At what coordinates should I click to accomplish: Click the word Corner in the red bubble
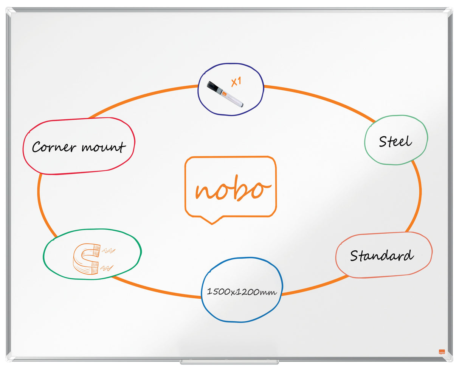pyautogui.click(x=54, y=146)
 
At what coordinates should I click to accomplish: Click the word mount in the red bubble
pyautogui.click(x=104, y=147)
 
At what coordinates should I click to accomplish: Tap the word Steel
pyautogui.click(x=395, y=141)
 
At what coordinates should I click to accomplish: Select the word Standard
pyautogui.click(x=382, y=255)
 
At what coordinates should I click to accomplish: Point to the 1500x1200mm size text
pyautogui.click(x=242, y=292)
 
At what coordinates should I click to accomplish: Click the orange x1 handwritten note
pyautogui.click(x=236, y=82)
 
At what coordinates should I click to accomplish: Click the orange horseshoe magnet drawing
pyautogui.click(x=86, y=259)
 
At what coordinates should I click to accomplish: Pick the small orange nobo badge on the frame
pyautogui.click(x=442, y=352)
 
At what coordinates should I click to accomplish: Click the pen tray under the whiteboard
pyautogui.click(x=229, y=362)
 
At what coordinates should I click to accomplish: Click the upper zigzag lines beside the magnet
pyautogui.click(x=109, y=251)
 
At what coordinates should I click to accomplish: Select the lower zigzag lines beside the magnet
pyautogui.click(x=107, y=268)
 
